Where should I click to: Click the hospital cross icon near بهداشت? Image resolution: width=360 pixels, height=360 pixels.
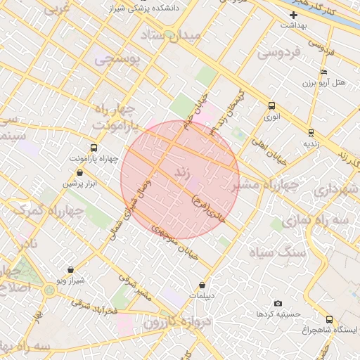[x=293, y=15]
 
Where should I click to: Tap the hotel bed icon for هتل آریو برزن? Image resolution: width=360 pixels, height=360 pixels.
[x=323, y=72]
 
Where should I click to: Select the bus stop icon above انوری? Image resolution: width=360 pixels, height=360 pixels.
[x=271, y=105]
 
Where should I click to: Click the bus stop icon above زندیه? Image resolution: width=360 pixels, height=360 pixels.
[x=311, y=131]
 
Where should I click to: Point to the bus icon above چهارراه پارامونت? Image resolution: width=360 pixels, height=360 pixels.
[x=94, y=148]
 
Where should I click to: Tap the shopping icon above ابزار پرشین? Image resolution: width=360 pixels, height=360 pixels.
[x=79, y=172]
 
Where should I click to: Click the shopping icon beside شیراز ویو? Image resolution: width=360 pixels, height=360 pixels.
[x=70, y=269]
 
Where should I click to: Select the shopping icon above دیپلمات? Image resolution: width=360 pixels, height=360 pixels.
[x=202, y=285]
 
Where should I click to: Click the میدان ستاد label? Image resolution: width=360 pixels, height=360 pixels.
[x=171, y=34]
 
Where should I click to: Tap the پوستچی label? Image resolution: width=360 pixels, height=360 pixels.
[x=117, y=60]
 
